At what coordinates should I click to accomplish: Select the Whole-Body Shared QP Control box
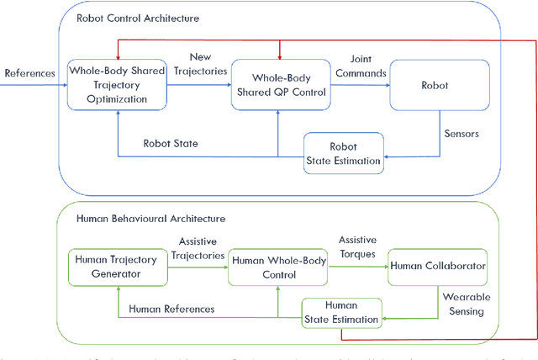tap(277, 85)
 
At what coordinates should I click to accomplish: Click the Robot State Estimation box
tap(343, 152)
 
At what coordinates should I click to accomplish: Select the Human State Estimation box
tap(340, 312)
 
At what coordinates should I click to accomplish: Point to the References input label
tap(29, 73)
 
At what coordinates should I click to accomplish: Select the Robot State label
tap(171, 144)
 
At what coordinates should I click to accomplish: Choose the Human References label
tap(171, 309)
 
